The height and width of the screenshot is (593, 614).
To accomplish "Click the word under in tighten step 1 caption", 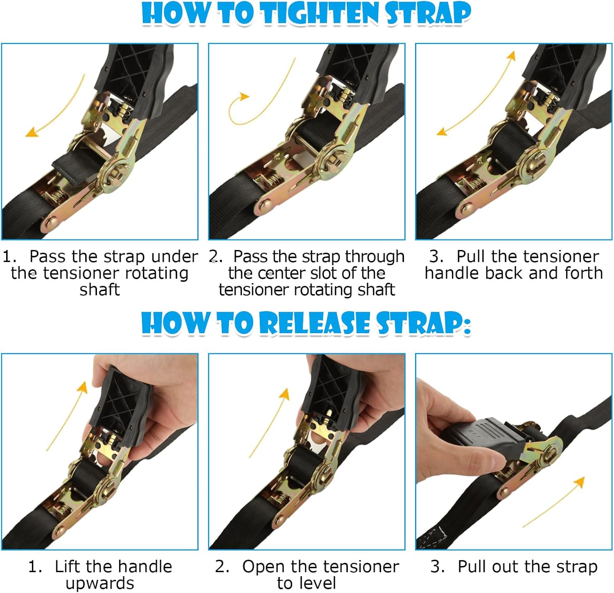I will (174, 257).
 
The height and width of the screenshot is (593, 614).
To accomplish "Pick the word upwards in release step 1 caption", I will (99, 583).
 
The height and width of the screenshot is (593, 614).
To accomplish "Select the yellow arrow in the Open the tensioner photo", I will (270, 422).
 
